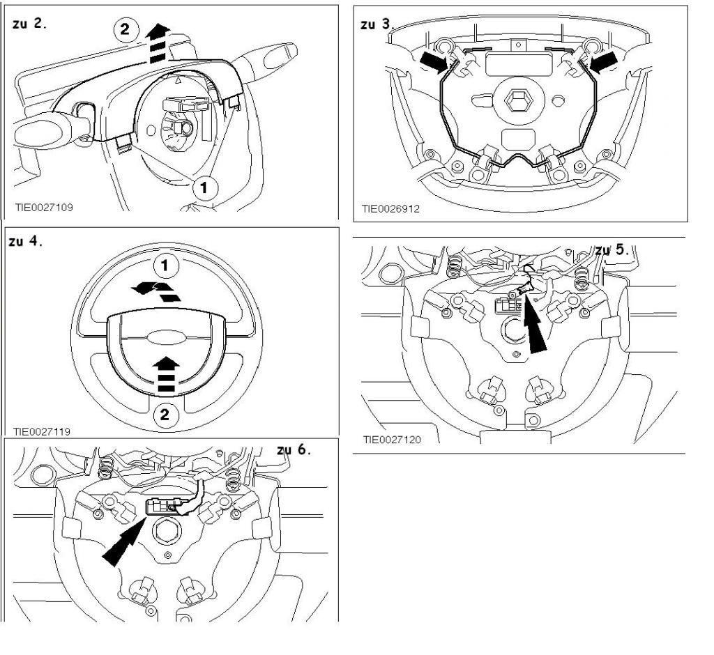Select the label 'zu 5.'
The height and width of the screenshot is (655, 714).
pos(612,249)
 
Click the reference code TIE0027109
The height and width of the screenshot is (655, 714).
pos(44,207)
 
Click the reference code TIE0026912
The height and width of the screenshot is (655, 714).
pos(390,208)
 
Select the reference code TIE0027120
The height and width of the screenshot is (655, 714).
pos(393,440)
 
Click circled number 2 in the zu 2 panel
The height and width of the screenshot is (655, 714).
pos(124,31)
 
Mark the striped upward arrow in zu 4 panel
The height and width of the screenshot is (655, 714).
pos(165,372)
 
